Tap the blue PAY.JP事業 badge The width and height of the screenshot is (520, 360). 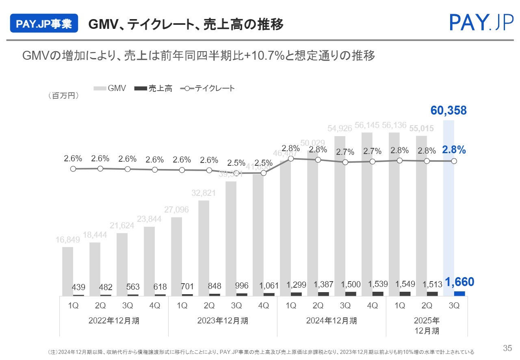(44, 24)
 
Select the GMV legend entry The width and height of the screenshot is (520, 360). (110, 88)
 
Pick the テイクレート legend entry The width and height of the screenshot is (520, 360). (207, 88)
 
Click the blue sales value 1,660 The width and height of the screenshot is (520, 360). (459, 282)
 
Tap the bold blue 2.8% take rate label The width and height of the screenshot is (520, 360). (454, 150)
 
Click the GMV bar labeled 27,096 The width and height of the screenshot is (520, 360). (177, 256)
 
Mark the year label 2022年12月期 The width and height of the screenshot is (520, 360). (114, 321)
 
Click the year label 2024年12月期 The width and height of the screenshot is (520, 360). (331, 321)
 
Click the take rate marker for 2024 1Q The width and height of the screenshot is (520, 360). (291, 159)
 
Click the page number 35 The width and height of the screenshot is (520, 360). (507, 348)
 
